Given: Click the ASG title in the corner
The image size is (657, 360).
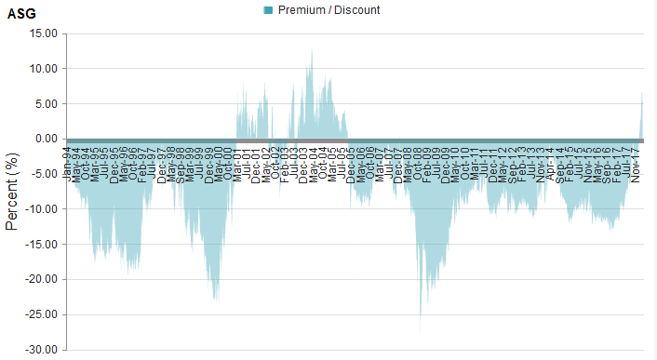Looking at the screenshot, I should [x=21, y=13].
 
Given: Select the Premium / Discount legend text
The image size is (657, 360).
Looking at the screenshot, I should [x=328, y=10].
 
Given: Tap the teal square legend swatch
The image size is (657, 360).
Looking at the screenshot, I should [x=269, y=10].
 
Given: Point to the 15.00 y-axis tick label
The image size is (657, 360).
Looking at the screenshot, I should [x=44, y=33].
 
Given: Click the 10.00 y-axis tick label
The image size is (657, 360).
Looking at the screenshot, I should [x=44, y=69].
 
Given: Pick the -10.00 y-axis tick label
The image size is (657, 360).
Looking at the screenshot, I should [x=42, y=209].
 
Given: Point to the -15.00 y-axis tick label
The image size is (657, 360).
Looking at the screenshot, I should [x=42, y=245].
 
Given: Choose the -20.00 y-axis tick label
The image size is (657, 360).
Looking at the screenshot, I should [x=42, y=280].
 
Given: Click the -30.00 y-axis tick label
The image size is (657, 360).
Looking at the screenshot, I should [x=42, y=350].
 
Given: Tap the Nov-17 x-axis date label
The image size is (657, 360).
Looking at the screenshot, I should [x=636, y=160].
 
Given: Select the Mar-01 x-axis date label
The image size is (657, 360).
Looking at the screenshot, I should [x=238, y=160].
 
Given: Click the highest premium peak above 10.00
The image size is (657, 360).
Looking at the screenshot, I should [x=312, y=52].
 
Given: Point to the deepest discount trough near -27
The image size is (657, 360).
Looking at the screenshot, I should [x=421, y=327].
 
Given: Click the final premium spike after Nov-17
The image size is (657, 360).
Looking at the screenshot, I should [x=642, y=94].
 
